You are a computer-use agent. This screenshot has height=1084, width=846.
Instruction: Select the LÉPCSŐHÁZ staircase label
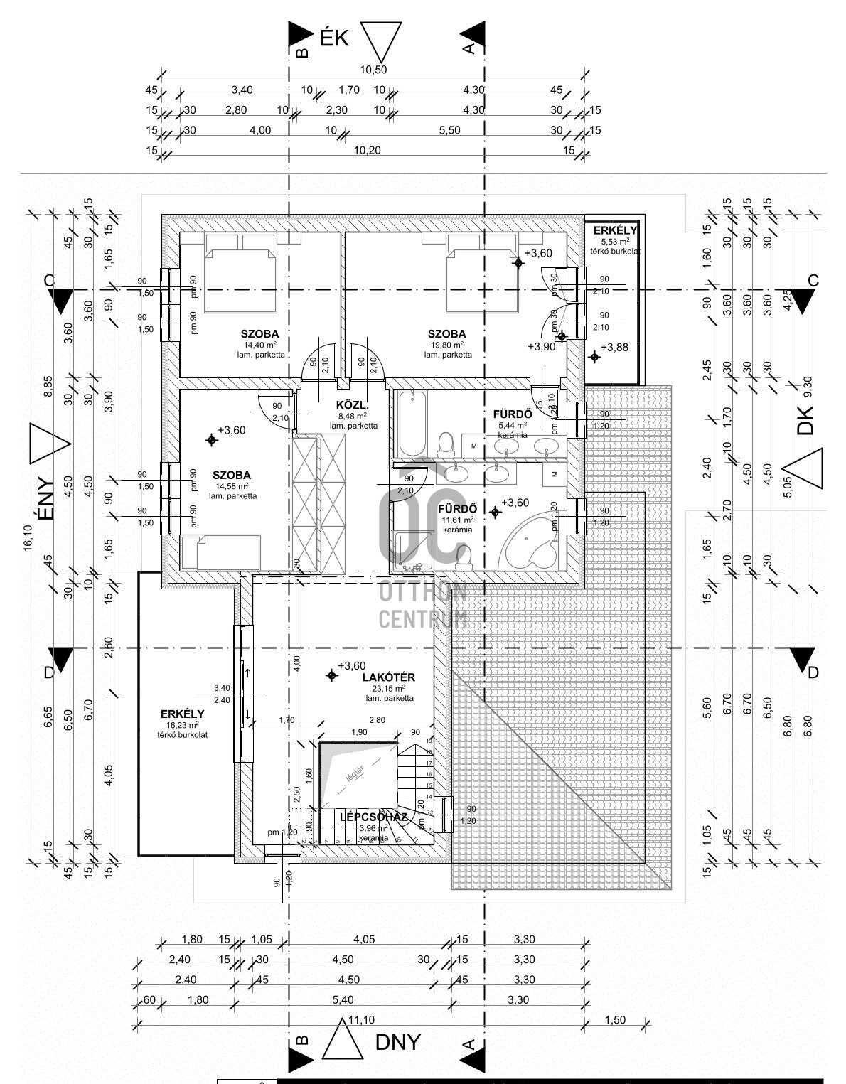(x=373, y=817)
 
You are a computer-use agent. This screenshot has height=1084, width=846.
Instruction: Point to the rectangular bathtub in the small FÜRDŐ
(x=412, y=424)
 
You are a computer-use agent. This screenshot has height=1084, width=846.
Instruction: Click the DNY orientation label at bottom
(x=397, y=1042)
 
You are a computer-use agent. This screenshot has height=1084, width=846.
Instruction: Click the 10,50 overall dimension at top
(x=373, y=70)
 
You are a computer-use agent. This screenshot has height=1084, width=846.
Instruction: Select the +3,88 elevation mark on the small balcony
(x=614, y=347)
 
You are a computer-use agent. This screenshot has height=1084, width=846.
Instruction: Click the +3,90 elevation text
(x=541, y=347)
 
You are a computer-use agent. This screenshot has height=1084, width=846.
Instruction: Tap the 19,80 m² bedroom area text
(x=446, y=345)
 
